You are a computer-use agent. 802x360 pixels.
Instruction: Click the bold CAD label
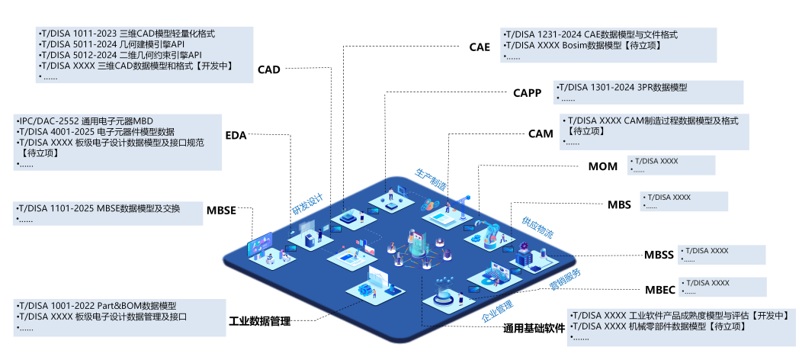(269, 70)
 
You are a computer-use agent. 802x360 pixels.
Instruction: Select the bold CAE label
(480, 47)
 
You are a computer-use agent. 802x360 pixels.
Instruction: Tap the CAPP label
(527, 94)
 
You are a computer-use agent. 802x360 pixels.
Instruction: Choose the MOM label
(603, 167)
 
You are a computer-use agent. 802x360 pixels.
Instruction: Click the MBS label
(619, 204)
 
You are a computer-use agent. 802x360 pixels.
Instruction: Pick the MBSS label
(659, 256)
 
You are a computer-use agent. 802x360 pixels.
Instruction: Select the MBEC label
(659, 289)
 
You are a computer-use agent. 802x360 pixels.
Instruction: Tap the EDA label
(236, 136)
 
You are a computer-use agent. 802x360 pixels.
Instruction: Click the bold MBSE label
(221, 211)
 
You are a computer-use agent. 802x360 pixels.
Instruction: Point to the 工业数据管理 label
(260, 321)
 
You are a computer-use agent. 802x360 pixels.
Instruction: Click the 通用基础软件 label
(534, 329)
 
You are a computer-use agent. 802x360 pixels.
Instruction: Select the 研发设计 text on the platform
(308, 204)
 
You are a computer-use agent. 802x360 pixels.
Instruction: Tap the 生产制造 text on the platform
(431, 179)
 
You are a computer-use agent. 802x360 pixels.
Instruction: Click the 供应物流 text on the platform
(537, 226)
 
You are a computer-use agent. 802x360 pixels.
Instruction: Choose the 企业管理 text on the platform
(497, 310)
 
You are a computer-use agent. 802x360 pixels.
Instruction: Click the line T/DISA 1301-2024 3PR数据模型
(623, 88)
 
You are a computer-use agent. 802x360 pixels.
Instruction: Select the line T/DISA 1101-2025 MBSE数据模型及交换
(99, 209)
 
